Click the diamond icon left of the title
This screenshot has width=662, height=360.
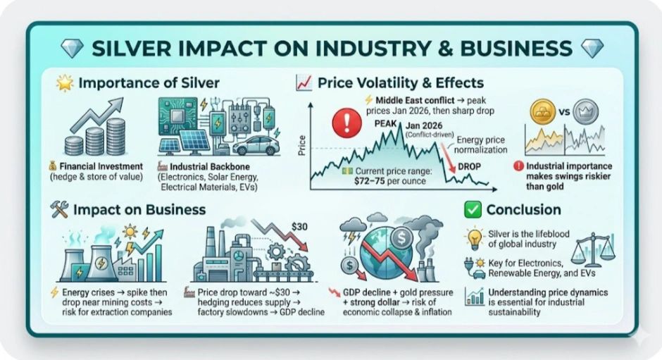tap(73, 48)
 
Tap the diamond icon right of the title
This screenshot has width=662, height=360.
tap(592, 48)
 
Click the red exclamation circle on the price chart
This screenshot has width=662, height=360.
tap(346, 123)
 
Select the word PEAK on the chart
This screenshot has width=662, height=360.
tap(385, 124)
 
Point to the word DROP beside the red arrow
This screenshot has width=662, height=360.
tap(469, 166)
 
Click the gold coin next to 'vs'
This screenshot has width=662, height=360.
tap(542, 112)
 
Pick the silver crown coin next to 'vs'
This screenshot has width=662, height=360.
tap(585, 111)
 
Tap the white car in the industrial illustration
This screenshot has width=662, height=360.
tap(256, 146)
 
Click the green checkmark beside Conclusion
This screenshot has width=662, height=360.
tap(473, 209)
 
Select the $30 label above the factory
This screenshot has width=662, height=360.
tap(299, 227)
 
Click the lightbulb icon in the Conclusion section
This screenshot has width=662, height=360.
tap(475, 239)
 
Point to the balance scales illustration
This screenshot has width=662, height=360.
tap(593, 249)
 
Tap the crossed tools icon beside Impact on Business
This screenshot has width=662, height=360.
tap(59, 209)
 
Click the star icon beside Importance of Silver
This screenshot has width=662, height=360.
tap(65, 83)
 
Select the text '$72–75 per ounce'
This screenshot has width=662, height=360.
tap(390, 181)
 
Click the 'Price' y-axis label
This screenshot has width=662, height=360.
tap(302, 145)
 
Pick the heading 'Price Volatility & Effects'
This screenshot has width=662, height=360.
tap(401, 83)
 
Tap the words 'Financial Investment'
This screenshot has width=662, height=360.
tap(101, 166)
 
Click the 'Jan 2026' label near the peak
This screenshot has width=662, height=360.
tap(424, 125)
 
